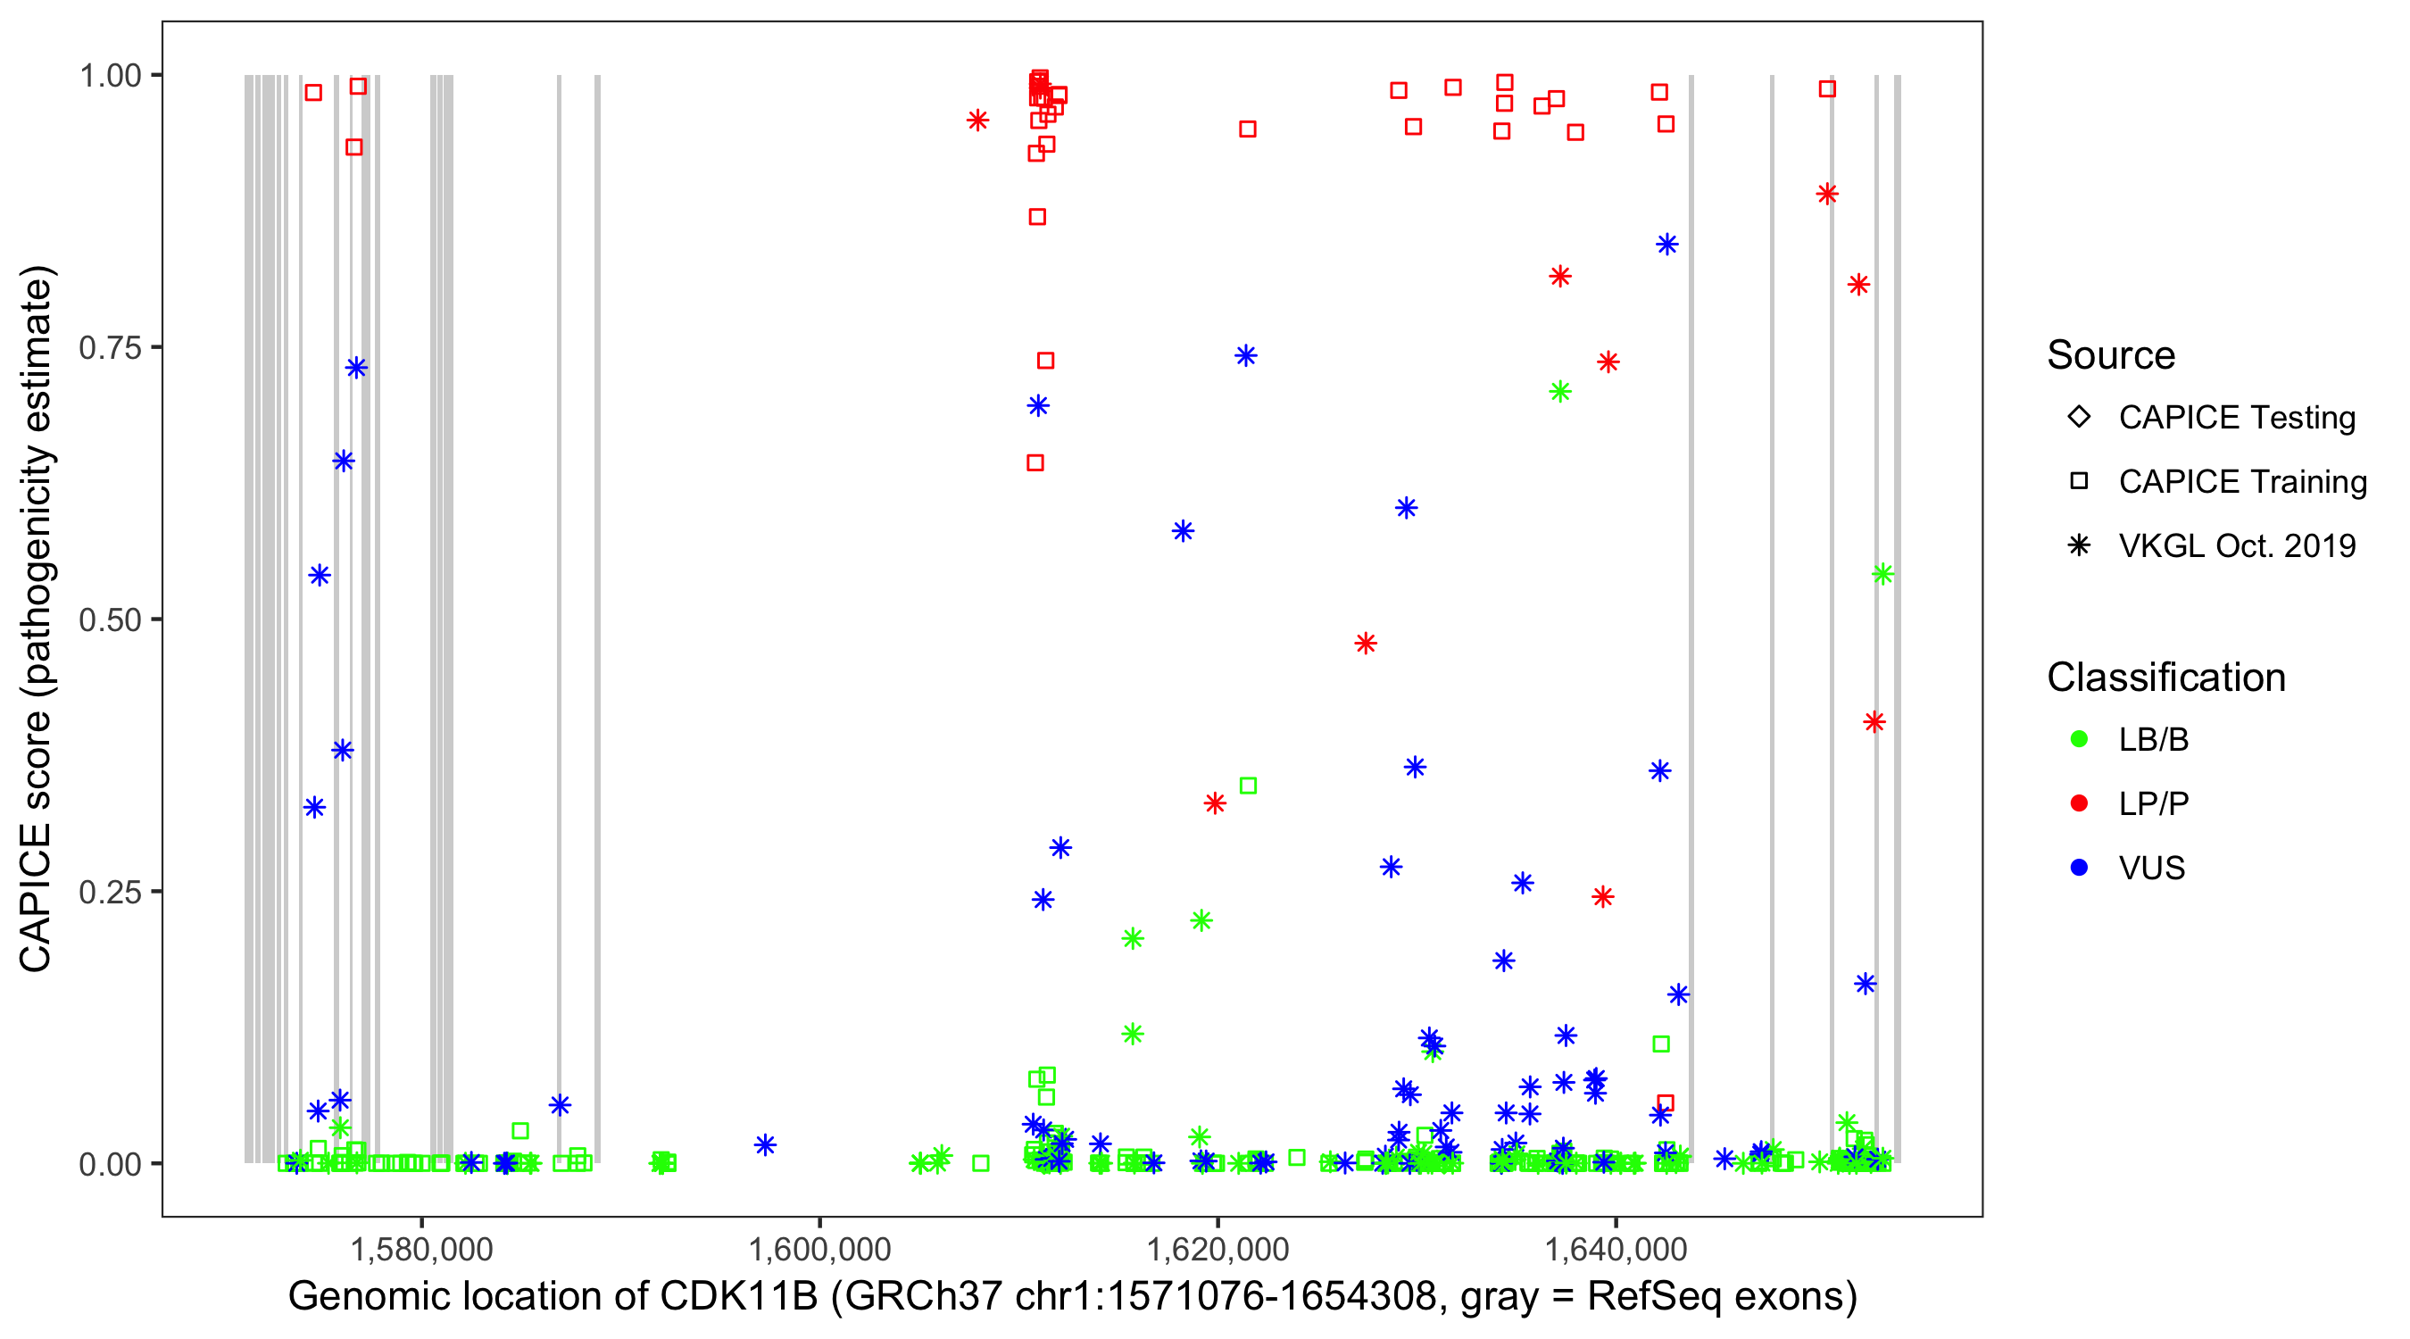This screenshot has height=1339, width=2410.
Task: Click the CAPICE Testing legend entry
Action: coord(2236,418)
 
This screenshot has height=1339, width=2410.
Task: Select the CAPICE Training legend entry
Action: coord(2241,482)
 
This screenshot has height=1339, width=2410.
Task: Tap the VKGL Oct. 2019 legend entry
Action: coord(2236,546)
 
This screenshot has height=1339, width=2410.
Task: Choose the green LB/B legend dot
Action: coord(2079,739)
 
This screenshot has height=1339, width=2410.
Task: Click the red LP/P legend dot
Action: coord(2079,803)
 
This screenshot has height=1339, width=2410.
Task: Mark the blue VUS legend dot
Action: coord(2079,868)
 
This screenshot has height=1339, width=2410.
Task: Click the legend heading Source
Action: coord(2111,355)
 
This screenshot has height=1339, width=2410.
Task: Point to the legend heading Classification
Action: coord(2165,678)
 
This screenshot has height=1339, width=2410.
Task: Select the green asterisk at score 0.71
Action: coord(1559,392)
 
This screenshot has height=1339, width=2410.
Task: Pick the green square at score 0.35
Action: coord(1248,786)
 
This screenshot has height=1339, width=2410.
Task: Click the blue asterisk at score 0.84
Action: coord(1667,245)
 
